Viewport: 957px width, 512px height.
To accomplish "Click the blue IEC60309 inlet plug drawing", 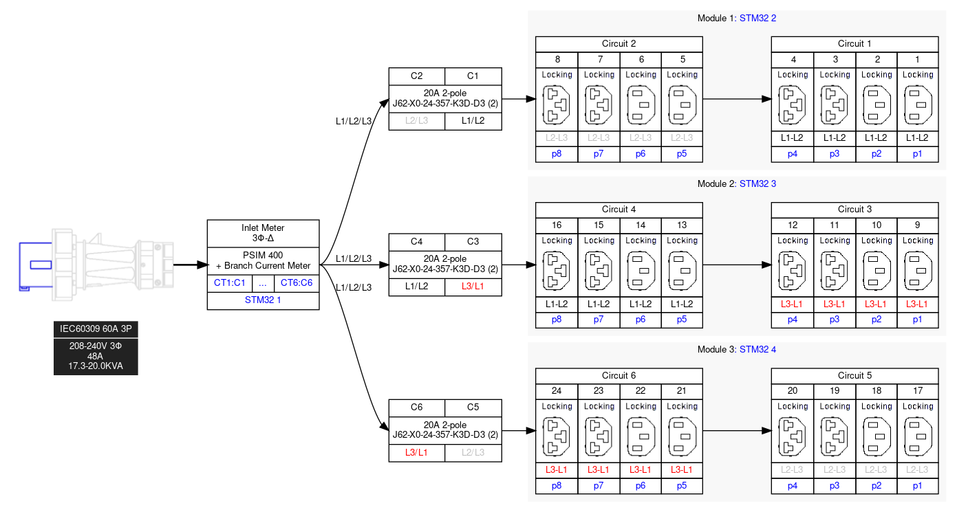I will tap(34, 265).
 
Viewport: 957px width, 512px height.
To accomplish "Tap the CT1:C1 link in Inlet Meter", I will tap(230, 282).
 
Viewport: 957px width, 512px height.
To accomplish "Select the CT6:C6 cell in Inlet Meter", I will tap(297, 282).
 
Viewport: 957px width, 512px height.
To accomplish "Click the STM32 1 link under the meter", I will tap(263, 300).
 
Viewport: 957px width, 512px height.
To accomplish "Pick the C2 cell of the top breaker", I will tap(416, 76).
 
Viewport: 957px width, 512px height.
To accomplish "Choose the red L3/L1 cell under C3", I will tap(473, 286).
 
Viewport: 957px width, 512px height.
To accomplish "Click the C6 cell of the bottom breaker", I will tap(416, 407).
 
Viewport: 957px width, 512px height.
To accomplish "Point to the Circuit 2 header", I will tap(619, 44).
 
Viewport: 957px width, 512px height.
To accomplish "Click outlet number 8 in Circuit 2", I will tap(557, 59).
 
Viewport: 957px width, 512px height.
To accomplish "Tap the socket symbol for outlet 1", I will tap(918, 105).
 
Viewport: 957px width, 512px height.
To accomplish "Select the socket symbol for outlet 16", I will tap(557, 271).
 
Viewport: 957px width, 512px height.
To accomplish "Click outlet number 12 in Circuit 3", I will tap(793, 225).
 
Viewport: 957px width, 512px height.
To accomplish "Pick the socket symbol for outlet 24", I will tap(557, 437).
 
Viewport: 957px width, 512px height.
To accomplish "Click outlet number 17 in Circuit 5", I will tap(918, 390).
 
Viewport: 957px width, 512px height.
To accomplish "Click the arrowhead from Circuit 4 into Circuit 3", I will tap(765, 265).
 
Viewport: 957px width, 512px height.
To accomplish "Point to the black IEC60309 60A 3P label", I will tap(96, 329).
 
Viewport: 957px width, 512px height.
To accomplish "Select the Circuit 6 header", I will tap(619, 375).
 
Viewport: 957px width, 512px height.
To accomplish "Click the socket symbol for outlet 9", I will tap(918, 271).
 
